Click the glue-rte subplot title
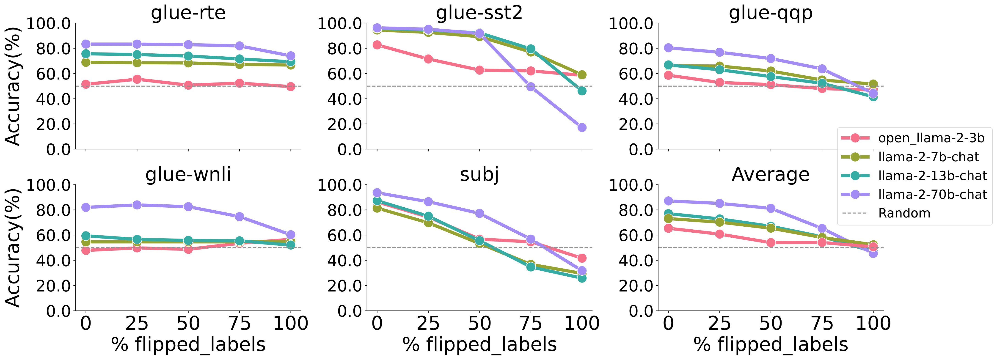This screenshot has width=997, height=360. [x=188, y=13]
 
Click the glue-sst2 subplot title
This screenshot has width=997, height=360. [x=479, y=13]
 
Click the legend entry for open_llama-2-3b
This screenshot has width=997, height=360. [x=931, y=138]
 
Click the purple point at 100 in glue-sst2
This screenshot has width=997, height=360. [x=582, y=127]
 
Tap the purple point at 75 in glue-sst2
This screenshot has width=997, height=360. [x=531, y=87]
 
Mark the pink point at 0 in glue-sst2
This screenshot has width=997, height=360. [x=377, y=45]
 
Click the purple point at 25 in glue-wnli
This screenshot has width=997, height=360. [x=137, y=205]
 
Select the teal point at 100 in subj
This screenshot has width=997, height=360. [x=582, y=278]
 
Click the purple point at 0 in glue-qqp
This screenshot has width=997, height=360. [x=668, y=48]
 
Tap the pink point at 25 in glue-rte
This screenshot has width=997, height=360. [x=137, y=79]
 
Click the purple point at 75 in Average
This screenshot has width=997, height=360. [x=822, y=228]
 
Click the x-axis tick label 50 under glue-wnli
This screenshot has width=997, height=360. [x=188, y=323]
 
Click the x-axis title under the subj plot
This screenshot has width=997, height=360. [x=479, y=344]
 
